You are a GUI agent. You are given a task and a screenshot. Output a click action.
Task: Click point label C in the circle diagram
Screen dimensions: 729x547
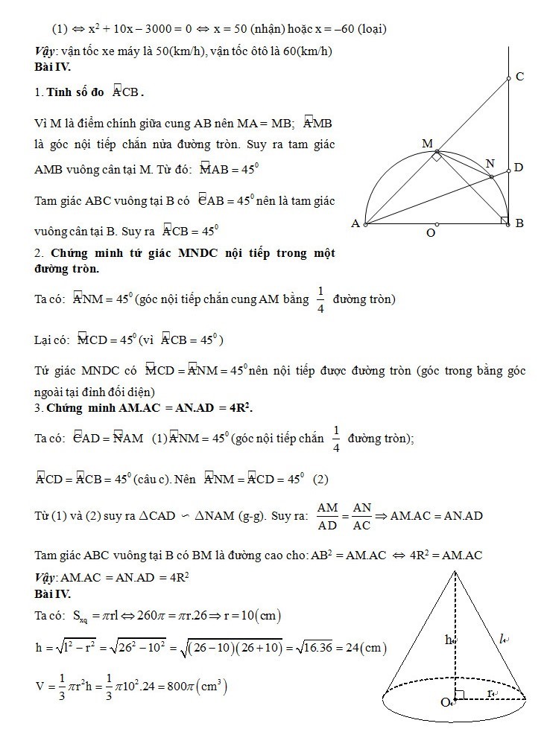point(520,76)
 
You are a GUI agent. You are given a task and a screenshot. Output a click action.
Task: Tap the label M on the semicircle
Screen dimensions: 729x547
point(427,142)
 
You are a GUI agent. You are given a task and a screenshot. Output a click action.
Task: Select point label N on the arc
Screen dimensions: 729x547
point(490,163)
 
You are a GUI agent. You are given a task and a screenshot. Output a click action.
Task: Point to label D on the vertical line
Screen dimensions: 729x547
point(519,168)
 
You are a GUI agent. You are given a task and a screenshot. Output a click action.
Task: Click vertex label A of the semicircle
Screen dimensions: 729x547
point(355,223)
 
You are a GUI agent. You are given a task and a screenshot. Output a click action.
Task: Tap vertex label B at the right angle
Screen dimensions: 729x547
point(519,223)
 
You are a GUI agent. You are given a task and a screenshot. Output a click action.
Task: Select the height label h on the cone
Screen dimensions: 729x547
point(449,639)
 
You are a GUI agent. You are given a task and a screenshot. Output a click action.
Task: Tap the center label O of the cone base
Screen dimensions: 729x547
point(445,702)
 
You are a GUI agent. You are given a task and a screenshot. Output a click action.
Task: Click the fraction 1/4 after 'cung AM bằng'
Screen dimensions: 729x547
point(320,299)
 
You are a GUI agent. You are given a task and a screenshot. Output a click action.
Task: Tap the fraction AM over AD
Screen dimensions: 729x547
point(327,516)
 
